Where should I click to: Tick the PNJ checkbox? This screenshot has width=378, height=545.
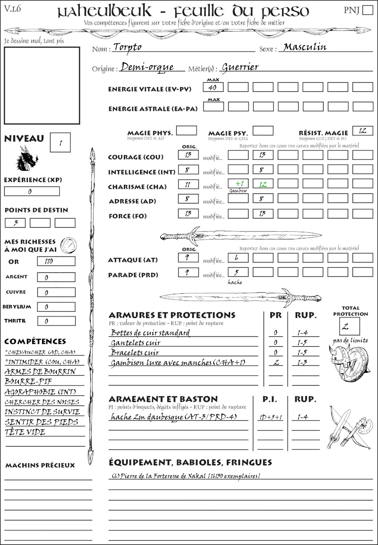point(367,10)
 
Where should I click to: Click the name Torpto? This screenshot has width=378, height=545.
point(128,47)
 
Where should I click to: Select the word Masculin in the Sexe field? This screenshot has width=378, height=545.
point(305,47)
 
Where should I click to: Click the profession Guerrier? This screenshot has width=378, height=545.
point(240,67)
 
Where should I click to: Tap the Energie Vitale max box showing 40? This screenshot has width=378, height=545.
point(213,88)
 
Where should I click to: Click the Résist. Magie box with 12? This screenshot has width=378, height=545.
point(362,131)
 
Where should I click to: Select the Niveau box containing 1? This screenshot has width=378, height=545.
point(60,142)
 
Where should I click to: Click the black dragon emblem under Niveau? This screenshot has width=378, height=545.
point(26,158)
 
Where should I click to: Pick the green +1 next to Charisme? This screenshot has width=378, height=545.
point(238,184)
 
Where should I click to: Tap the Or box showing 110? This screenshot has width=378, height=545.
point(56,261)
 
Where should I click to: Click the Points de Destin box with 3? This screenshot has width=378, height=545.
point(15,223)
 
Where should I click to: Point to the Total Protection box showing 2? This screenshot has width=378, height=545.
point(349,326)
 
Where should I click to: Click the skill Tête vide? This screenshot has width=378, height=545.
point(25,432)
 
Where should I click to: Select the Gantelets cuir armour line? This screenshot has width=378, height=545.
point(136,343)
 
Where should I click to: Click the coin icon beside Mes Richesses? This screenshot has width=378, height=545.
point(68,245)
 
